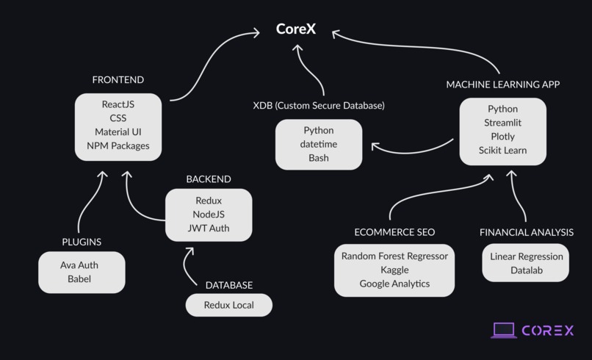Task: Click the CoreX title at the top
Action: pos(296,29)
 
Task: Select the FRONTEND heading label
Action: pos(118,79)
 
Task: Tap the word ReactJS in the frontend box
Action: pos(118,104)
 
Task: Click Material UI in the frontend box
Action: pos(118,132)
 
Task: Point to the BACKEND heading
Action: pos(208,179)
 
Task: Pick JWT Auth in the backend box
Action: pos(209,228)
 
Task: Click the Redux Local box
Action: pos(228,305)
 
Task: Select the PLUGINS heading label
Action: pos(82,242)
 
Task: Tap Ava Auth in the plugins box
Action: pos(79,265)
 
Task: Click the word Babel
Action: pos(79,279)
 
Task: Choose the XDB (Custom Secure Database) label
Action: pos(318,106)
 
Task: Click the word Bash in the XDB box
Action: pos(318,158)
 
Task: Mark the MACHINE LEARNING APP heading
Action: pos(502,84)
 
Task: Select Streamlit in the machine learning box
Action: pos(502,123)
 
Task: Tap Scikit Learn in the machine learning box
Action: pos(502,150)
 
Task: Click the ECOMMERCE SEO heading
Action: pos(394,232)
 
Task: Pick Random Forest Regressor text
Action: pos(394,256)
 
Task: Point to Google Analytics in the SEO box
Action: pos(394,284)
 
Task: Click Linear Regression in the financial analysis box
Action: pos(526,256)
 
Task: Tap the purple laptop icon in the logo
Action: pos(504,331)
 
